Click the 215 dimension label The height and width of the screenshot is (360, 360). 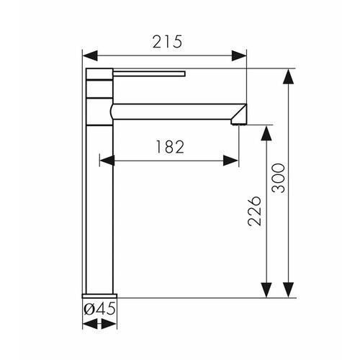pos(167,42)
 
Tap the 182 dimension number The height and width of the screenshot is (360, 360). pos(170,147)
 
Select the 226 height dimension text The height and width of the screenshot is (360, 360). pos(254,211)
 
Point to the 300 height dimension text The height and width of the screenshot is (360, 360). pos(279,178)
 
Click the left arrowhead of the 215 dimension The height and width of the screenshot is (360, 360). pos(90,55)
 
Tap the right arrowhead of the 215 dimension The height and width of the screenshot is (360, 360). pos(239,55)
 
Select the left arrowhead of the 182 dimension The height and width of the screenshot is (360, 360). pos(107,161)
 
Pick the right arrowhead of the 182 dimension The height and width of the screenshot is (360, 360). pos(230,161)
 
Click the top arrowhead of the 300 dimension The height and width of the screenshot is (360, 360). pos(288,76)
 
